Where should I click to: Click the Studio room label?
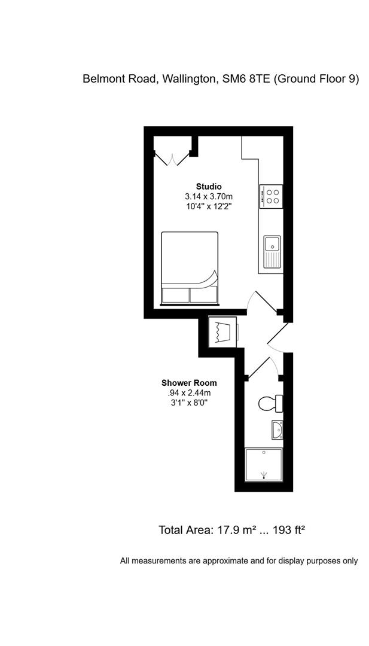209,186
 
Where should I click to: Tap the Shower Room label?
189,383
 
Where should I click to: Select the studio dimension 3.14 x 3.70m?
209,196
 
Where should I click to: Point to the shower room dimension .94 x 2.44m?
189,393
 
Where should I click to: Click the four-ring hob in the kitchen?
272,196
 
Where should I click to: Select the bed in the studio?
190,268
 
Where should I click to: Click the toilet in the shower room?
270,404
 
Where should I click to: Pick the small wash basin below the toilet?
277,429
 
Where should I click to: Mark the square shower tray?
264,465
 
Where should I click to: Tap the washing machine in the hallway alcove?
222,331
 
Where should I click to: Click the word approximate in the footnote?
224,561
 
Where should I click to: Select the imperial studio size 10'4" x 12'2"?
209,206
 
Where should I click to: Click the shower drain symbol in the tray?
264,476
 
